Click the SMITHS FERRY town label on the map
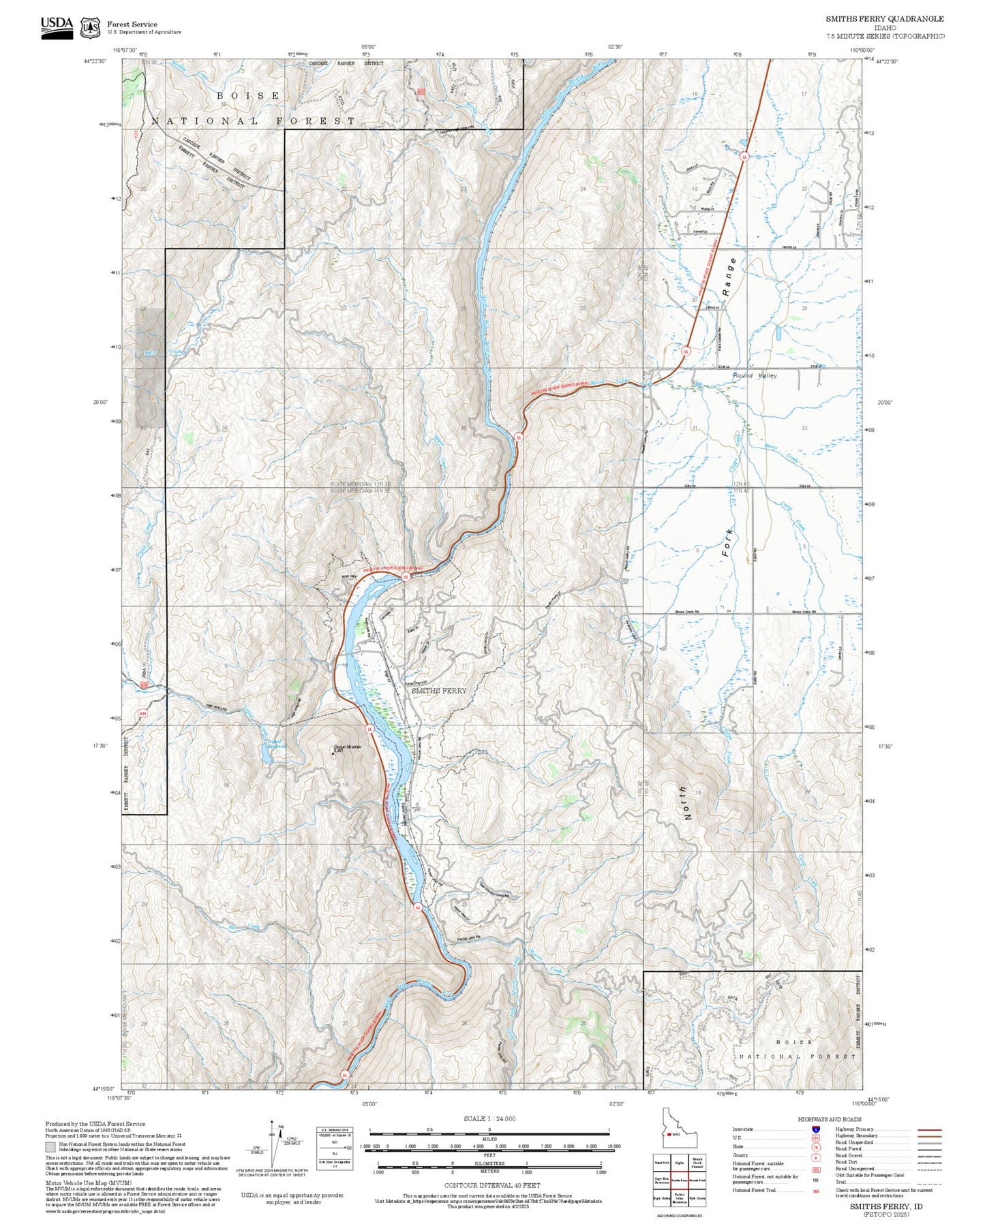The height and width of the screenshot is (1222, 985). [439, 691]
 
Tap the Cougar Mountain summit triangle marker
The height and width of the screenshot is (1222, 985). [333, 753]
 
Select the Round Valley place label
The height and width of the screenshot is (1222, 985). [755, 375]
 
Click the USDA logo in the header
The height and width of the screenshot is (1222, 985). [57, 27]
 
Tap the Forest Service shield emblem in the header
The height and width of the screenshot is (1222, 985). [89, 28]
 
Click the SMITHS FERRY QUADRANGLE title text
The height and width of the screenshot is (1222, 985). [885, 19]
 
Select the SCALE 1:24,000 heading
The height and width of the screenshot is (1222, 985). [489, 1118]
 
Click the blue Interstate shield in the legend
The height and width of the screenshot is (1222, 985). [815, 1129]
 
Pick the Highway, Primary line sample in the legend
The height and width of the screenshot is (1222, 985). [929, 1129]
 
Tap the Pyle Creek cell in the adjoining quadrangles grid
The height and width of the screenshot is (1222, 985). [697, 1197]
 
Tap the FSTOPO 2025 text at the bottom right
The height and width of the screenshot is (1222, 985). [885, 1214]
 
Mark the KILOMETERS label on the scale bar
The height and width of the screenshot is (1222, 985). [489, 1163]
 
